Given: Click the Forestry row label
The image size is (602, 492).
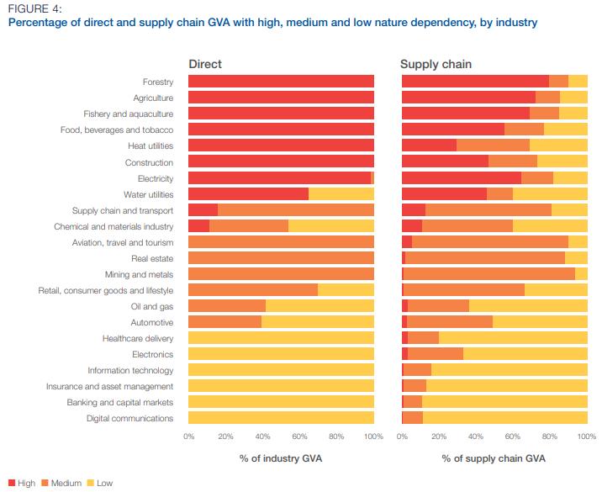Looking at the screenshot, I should click(x=157, y=82).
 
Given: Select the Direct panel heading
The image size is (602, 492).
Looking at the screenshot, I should click(x=205, y=64).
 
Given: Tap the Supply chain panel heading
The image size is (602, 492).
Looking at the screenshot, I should click(x=436, y=64).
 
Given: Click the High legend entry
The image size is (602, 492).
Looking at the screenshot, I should click(x=22, y=483).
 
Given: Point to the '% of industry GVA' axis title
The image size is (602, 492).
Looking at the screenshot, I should click(x=281, y=458).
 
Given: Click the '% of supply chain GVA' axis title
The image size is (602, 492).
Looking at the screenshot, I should click(x=494, y=458).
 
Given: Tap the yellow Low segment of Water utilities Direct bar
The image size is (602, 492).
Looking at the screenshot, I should click(x=341, y=194).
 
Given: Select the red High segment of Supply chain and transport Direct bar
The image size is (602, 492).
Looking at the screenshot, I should click(x=203, y=210).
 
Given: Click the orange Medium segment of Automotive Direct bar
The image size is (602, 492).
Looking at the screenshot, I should click(x=224, y=322).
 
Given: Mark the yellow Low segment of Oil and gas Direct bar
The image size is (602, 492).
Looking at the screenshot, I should click(x=319, y=306).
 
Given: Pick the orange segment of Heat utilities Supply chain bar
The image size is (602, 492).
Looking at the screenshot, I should click(x=493, y=146).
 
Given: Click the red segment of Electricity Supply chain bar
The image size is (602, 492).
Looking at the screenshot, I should click(x=461, y=178).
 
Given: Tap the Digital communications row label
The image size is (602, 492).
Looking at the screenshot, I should click(x=129, y=418).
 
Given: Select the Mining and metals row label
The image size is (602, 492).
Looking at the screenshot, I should click(x=139, y=274).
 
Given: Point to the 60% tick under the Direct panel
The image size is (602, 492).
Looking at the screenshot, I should click(x=300, y=436).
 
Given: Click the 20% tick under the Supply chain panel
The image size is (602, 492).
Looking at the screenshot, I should click(x=439, y=436).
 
